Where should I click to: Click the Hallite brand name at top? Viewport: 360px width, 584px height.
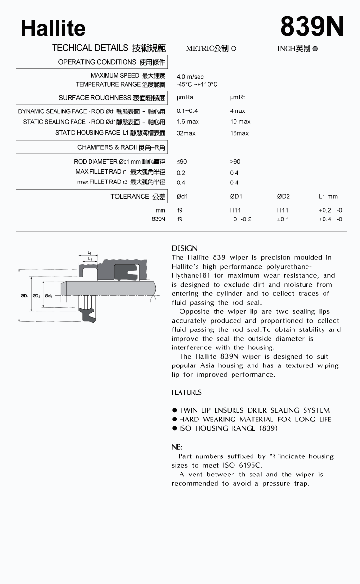pos(53,29)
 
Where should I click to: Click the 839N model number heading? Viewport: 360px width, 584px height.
pos(312,26)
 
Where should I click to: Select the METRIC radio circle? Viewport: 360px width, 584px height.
pos(234,49)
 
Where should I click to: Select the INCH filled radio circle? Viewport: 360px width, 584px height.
pos(315,49)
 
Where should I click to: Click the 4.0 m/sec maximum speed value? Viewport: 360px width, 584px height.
pos(190,77)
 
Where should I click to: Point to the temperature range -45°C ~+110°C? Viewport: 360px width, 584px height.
pos(197,85)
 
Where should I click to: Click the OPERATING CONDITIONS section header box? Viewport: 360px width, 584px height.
pos(91,62)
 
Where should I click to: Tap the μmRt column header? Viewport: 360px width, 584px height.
pos(237,98)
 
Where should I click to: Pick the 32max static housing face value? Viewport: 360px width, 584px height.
pos(186,133)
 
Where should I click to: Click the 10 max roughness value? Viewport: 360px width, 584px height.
pos(240,122)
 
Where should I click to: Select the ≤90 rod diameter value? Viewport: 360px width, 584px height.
pos(181,162)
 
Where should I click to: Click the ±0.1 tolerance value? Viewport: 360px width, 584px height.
pos(283,219)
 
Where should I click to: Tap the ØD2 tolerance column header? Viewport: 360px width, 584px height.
pos(283,197)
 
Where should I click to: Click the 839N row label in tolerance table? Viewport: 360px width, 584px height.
pos(159,219)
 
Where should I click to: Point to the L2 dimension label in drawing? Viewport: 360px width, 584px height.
pos(90,253)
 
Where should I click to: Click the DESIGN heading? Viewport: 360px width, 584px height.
pos(184,248)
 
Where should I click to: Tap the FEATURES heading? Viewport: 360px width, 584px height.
pos(186,392)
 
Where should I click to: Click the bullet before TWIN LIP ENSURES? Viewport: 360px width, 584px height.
pos(174,411)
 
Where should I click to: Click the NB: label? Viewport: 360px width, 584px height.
pos(177,447)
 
